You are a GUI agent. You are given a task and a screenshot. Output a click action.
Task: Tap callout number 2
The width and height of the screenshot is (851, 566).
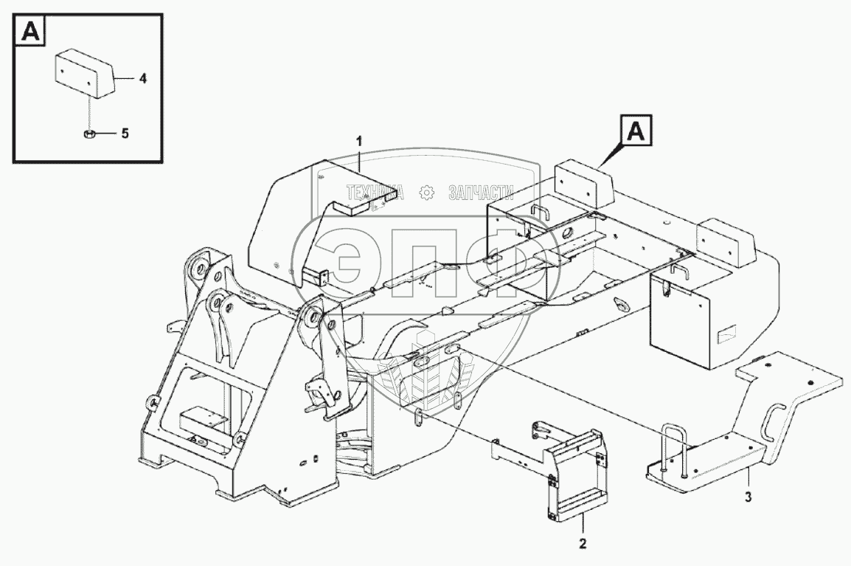click(583, 545)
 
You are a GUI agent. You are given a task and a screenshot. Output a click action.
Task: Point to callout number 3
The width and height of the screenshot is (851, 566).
click(748, 496)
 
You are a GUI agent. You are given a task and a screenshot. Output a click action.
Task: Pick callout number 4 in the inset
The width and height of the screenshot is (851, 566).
click(142, 77)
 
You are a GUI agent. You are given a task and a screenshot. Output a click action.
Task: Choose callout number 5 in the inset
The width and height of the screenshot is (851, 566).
click(125, 134)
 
